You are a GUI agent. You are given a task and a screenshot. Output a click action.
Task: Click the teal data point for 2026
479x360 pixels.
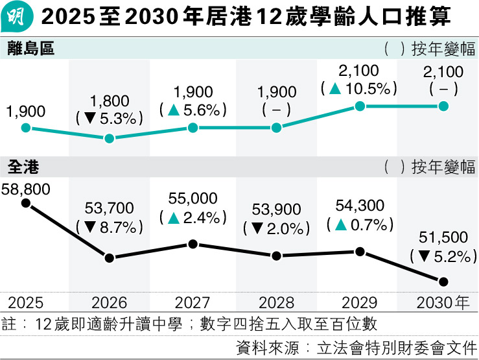(110, 138)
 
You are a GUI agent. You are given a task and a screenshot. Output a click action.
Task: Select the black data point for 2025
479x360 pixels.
(26, 203)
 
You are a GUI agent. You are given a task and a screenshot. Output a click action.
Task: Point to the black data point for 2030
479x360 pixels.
(444, 282)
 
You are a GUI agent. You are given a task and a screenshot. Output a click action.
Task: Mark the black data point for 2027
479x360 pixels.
(193, 244)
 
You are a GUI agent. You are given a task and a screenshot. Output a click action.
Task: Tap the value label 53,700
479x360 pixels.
(110, 208)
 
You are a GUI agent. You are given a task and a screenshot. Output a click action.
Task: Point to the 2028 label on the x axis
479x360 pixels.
(276, 303)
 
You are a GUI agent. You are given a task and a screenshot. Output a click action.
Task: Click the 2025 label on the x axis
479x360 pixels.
(26, 303)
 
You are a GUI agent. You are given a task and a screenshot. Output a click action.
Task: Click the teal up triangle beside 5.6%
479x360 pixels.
(174, 111)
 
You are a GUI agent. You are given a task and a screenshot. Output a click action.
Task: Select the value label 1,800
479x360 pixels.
(110, 101)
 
